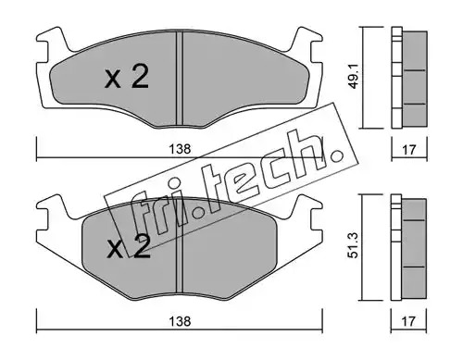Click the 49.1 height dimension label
[355, 78]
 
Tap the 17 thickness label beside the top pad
[409, 150]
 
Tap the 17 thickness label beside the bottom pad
[409, 321]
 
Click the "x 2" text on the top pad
[127, 77]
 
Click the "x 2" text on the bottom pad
[128, 247]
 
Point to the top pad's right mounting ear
[307, 46]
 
